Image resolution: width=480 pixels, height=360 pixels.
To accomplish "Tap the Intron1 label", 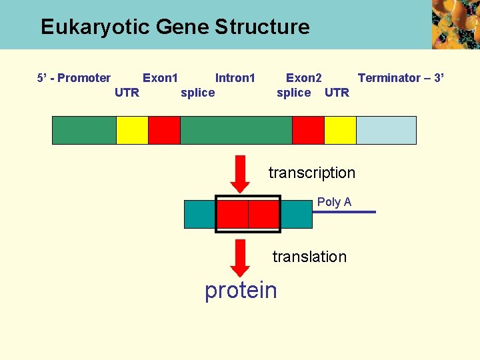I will tap(235, 78).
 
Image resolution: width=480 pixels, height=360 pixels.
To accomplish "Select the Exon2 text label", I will tap(303, 78).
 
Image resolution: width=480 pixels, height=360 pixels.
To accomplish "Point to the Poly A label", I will tap(334, 202).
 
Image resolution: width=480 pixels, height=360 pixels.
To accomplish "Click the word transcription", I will tap(311, 173).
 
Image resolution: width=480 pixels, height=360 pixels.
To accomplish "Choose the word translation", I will tap(309, 257).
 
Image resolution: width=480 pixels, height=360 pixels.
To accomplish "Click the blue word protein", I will tap(241, 290).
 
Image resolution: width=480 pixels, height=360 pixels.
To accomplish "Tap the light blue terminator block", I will tap(386, 131).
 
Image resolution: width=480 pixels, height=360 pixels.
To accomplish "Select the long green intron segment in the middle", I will tap(236, 131).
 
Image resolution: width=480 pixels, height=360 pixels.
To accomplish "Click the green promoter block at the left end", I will tap(84, 131).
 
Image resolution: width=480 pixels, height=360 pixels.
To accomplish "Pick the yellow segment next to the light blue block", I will tap(340, 131).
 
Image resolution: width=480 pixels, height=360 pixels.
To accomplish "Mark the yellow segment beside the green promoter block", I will tap(132, 131).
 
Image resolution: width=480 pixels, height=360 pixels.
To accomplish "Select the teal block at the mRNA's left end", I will tap(199, 214).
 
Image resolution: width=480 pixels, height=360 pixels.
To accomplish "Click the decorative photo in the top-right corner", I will tap(455, 24).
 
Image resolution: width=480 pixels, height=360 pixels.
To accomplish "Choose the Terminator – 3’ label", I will tap(400, 78).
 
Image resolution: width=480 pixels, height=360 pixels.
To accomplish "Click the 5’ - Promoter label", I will tap(74, 78).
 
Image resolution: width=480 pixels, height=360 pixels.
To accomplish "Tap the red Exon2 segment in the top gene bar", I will tap(308, 131).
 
